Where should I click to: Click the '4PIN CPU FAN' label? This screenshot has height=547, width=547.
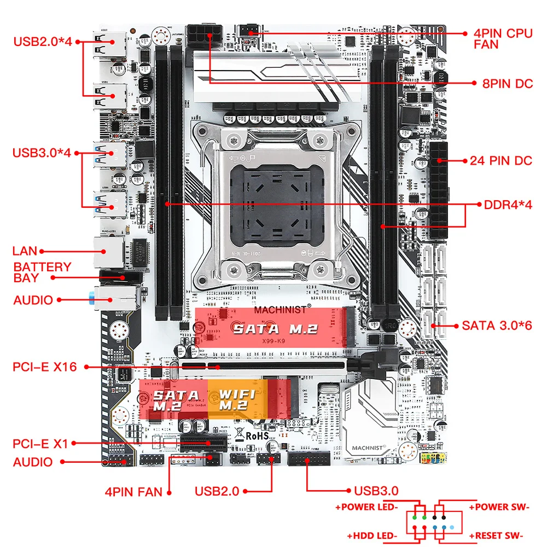coord(502,38)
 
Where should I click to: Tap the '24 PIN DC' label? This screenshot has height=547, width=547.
coord(501,161)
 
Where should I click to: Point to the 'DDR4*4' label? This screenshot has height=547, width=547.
coord(508,205)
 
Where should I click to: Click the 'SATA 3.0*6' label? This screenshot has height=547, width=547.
coord(497,325)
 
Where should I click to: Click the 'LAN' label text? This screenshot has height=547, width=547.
coord(25,252)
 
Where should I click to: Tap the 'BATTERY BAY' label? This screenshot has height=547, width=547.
coord(42,272)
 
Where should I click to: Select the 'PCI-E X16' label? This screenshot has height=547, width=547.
coord(45,366)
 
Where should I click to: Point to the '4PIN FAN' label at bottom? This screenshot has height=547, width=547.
coord(133,492)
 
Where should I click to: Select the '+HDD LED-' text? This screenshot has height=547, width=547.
coord(372,536)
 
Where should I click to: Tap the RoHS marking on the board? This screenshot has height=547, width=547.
coord(255,435)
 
